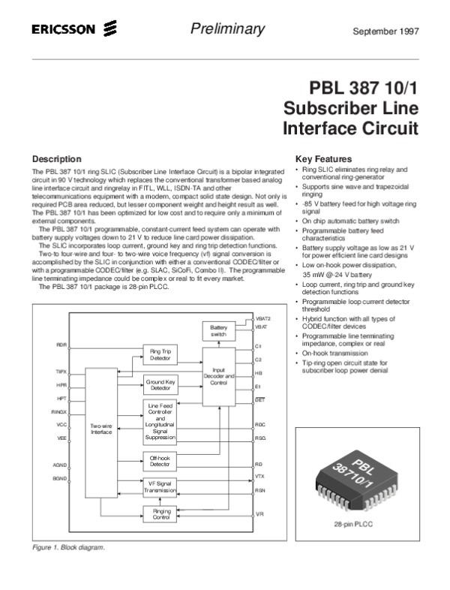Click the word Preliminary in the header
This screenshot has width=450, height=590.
(x=228, y=29)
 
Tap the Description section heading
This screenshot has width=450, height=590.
(x=57, y=159)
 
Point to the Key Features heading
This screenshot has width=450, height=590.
(x=324, y=159)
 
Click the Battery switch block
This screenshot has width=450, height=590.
(x=218, y=331)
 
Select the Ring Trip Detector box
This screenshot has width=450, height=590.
(x=160, y=354)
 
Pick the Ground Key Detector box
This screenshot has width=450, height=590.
(x=160, y=385)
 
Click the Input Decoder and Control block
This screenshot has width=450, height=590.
(x=218, y=377)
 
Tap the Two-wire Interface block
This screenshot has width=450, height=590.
(x=101, y=429)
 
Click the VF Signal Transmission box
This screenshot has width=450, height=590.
(x=160, y=488)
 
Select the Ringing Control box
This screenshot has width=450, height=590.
(x=160, y=514)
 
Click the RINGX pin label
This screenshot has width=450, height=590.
(x=59, y=412)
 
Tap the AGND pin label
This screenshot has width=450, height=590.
(x=60, y=465)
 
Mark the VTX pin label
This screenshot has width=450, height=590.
(x=259, y=476)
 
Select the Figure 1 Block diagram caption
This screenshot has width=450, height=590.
(x=67, y=547)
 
